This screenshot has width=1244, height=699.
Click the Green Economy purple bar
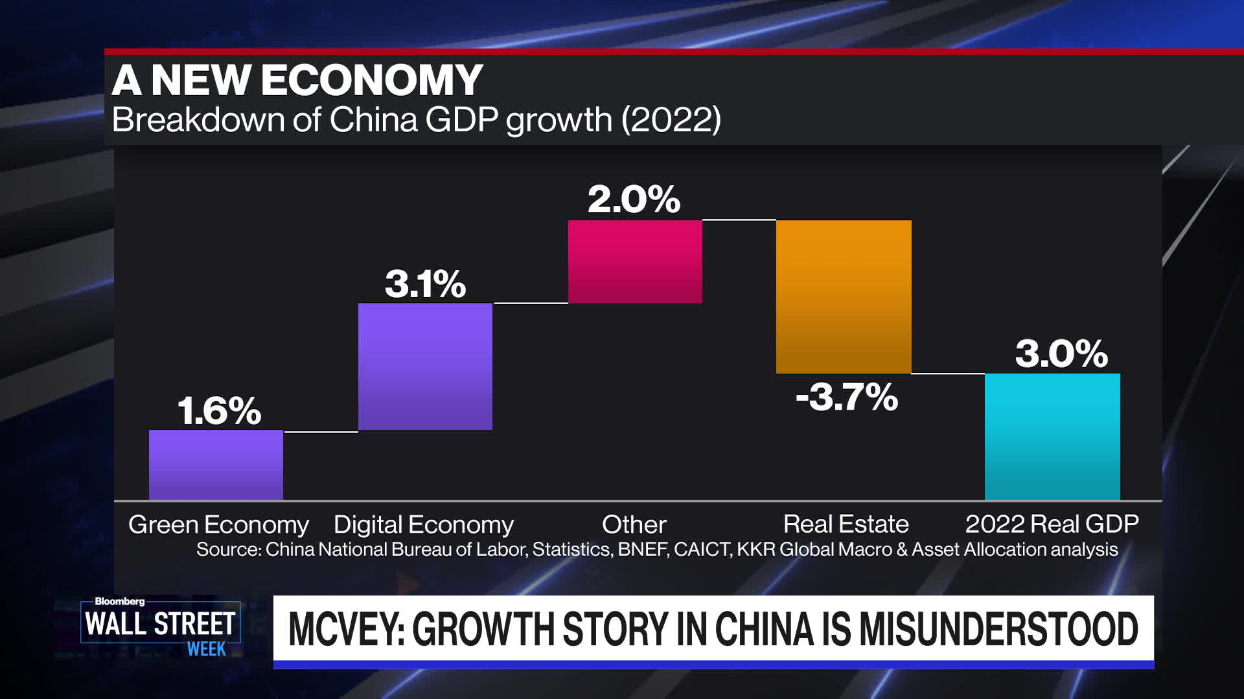click(x=216, y=464)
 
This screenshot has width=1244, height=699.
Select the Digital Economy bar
click(x=425, y=366)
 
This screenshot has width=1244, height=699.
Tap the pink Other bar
click(x=635, y=261)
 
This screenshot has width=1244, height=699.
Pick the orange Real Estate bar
click(x=844, y=296)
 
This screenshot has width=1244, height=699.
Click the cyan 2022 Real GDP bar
click(x=1052, y=436)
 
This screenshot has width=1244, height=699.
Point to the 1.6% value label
click(x=219, y=411)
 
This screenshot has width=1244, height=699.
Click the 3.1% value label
click(x=425, y=284)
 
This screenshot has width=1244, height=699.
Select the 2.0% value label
click(x=634, y=199)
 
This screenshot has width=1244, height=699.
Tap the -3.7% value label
click(x=846, y=397)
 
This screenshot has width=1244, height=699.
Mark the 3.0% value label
click(x=1061, y=354)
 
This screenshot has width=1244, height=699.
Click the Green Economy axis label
click(x=218, y=524)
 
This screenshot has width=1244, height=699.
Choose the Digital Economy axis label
click(x=423, y=524)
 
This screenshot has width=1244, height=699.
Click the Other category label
click(x=634, y=524)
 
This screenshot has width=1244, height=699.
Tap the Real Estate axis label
click(x=846, y=524)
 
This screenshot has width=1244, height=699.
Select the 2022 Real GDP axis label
click(x=1052, y=524)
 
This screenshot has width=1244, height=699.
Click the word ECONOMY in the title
click(x=372, y=80)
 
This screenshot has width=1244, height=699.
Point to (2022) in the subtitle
click(x=671, y=120)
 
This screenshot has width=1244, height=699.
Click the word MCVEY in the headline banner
click(x=343, y=629)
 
